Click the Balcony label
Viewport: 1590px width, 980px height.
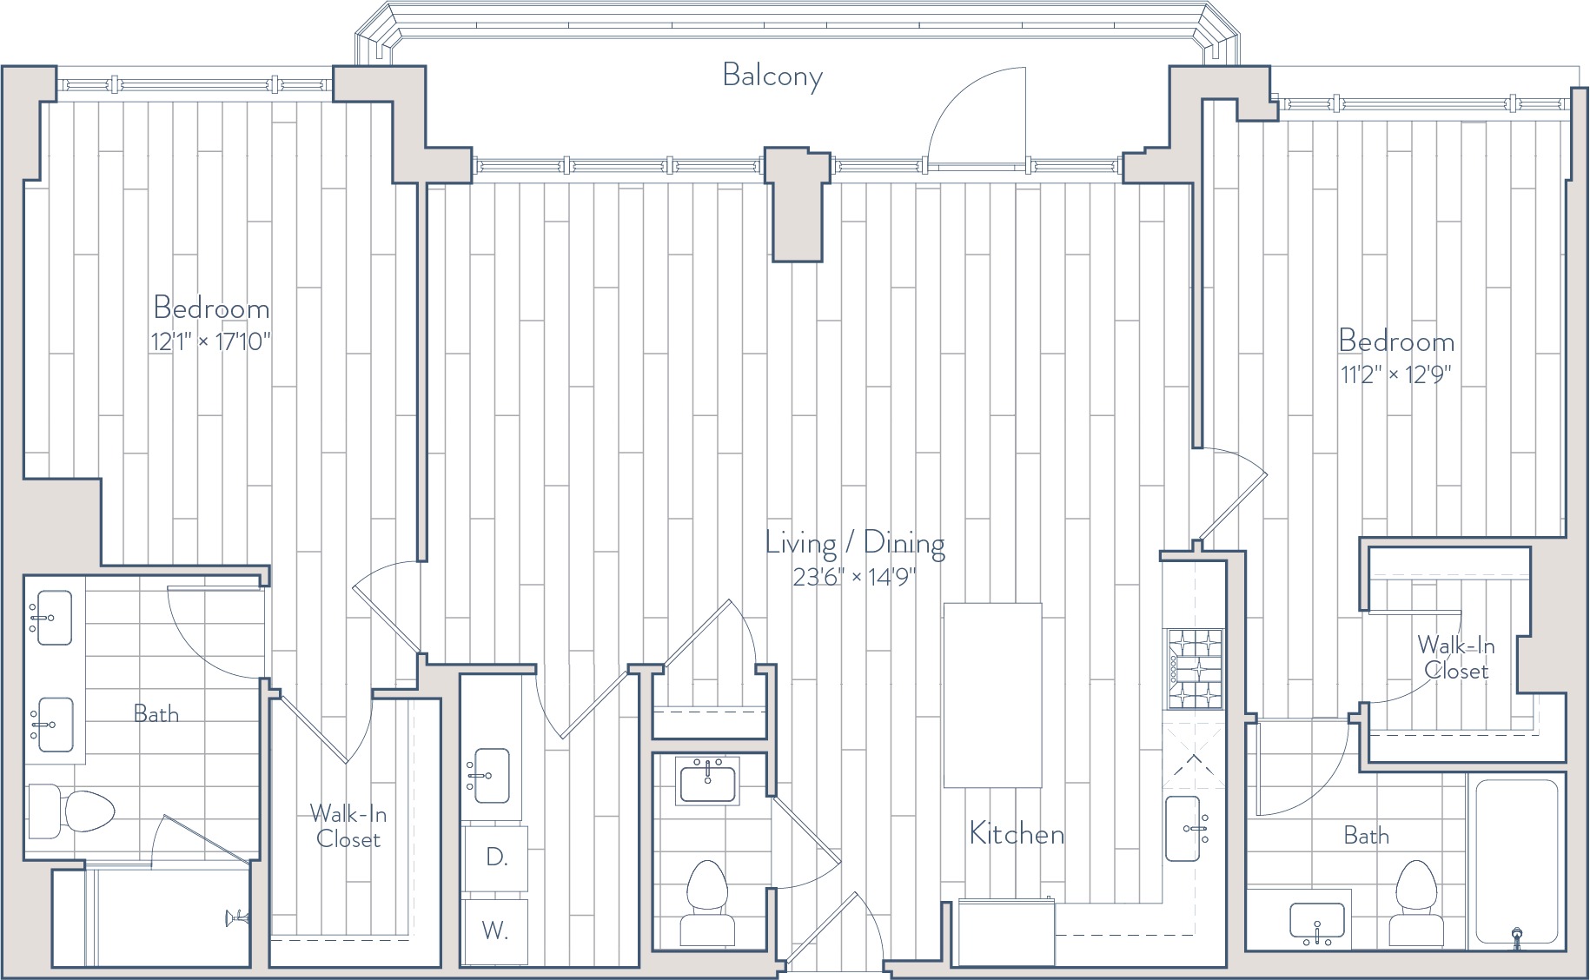point(772,76)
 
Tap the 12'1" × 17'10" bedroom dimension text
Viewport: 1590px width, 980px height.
point(211,341)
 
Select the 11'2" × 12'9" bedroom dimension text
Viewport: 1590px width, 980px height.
point(1396,374)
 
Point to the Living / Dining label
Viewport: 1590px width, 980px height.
point(855,544)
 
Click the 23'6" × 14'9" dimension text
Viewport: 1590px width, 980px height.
point(855,577)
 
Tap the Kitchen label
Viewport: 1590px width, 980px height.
point(1017,834)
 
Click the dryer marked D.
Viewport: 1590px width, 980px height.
point(495,857)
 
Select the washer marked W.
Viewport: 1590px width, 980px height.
point(495,930)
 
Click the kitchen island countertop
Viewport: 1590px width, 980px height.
point(992,695)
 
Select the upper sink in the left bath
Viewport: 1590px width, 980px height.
point(51,618)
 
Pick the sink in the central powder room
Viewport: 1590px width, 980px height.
point(708,780)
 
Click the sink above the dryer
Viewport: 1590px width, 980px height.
point(488,776)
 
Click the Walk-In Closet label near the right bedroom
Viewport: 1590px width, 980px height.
point(1456,658)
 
